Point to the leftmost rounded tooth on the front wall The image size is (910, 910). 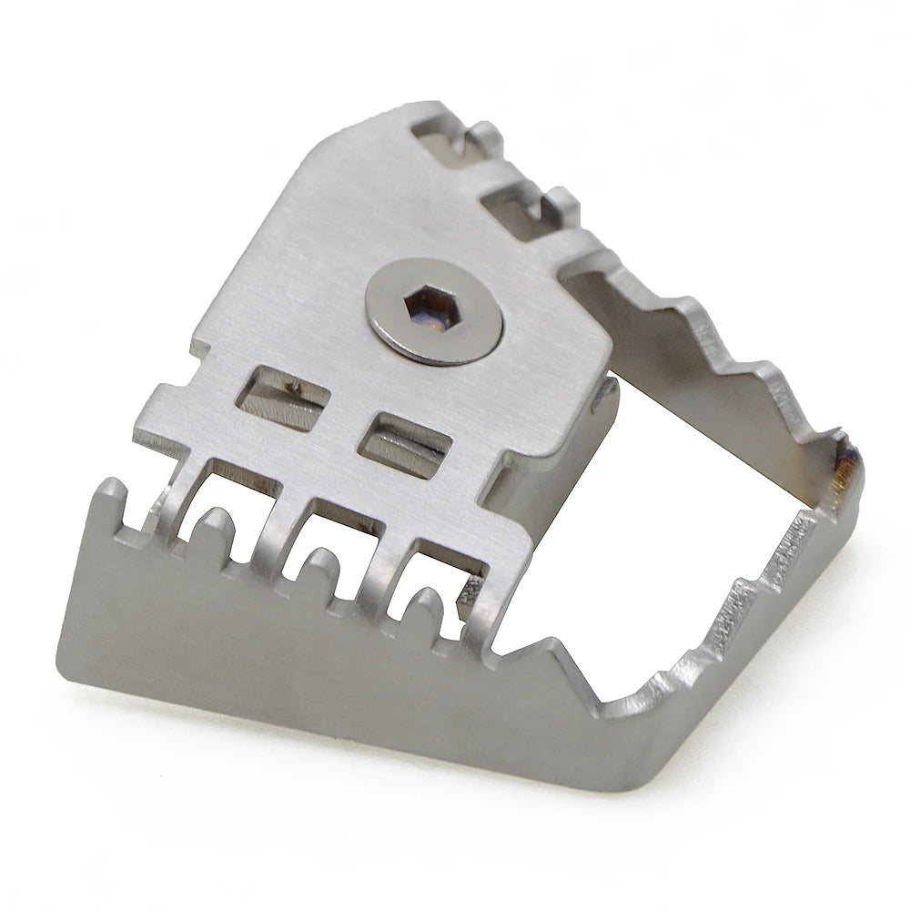pyautogui.click(x=209, y=529)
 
